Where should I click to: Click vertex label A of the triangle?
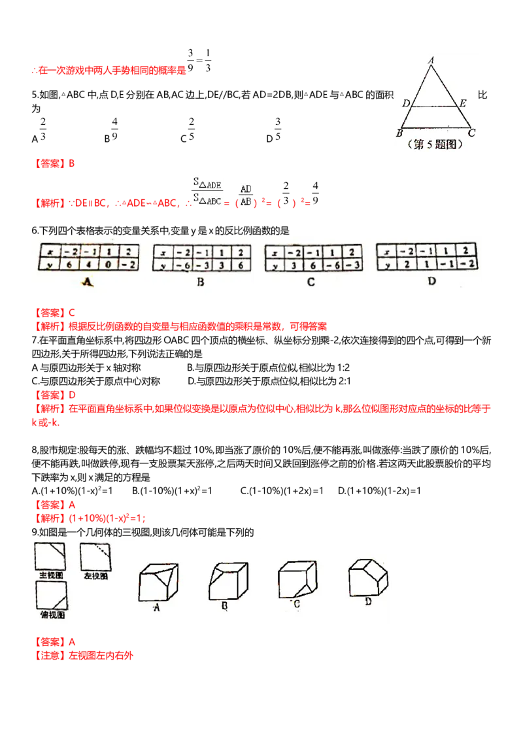pos(431,60)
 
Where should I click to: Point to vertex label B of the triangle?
pos(399,133)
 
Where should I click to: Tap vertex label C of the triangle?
pos(471,133)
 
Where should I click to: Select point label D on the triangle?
pos(406,103)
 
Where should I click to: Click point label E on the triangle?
pos(463,103)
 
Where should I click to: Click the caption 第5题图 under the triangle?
pos(435,144)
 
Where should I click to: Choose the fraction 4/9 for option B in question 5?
pos(114,129)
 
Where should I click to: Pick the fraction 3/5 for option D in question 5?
pos(278,129)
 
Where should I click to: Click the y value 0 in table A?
pos(108,264)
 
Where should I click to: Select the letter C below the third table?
pos(311,282)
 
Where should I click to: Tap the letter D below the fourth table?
pos(431,281)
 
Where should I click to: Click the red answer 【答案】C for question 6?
pos(53,312)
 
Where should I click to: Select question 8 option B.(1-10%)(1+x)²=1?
pos(173,491)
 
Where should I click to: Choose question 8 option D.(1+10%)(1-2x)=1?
pos(379,491)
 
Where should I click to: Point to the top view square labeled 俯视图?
pos(52,595)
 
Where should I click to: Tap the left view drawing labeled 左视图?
pos(96,558)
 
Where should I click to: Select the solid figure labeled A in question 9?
pos(159,582)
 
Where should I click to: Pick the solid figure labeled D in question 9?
pos(368,577)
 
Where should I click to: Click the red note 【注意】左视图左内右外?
pos(82,655)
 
